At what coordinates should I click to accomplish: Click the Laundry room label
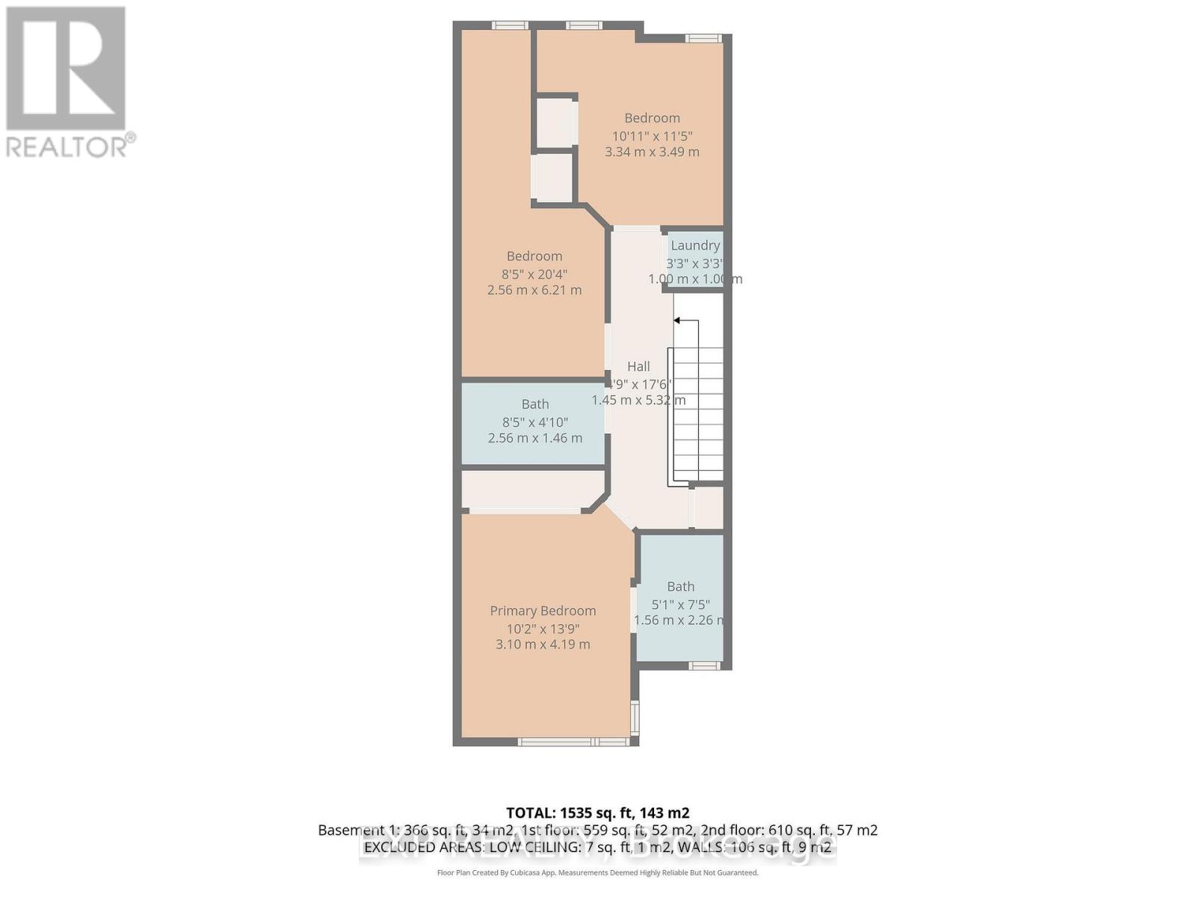(695, 245)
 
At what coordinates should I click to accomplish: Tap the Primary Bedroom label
(543, 611)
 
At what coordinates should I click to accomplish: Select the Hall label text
(638, 366)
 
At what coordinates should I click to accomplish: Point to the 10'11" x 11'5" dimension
(652, 136)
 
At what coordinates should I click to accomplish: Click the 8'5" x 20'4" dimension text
(534, 274)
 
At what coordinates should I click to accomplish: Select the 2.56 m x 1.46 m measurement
(534, 438)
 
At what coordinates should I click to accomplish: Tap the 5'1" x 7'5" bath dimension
(680, 605)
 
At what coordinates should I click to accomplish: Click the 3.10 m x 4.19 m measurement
(543, 644)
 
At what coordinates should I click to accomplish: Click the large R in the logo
(66, 69)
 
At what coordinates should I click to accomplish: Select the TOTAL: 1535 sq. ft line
(597, 813)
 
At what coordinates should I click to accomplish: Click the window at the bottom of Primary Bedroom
(574, 742)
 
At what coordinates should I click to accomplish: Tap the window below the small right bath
(703, 665)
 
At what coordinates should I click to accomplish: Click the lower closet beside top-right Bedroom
(553, 177)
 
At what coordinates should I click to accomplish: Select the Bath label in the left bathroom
(535, 404)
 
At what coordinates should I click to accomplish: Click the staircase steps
(698, 415)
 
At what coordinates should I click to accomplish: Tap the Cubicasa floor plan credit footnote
(597, 872)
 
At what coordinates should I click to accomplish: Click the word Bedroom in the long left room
(534, 256)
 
